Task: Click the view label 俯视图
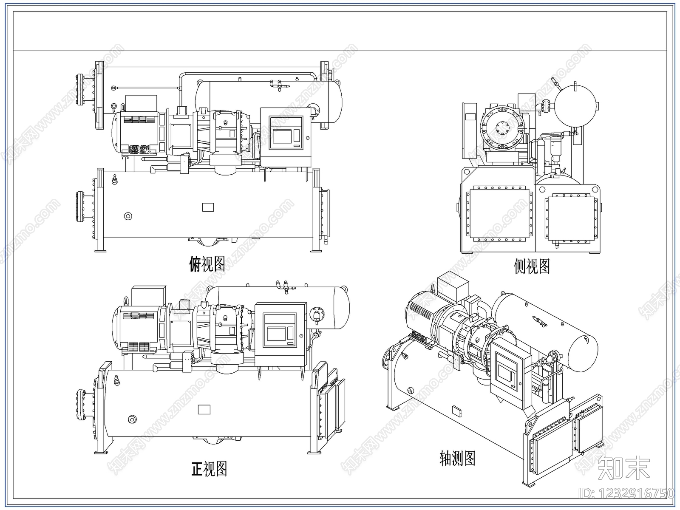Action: click(207, 264)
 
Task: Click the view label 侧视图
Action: click(532, 266)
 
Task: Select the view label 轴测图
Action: click(457, 458)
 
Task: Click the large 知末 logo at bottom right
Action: click(623, 467)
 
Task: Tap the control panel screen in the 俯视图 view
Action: click(282, 136)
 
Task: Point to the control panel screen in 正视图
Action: click(276, 334)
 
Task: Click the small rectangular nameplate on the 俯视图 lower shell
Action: click(208, 207)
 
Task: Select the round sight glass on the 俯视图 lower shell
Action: click(128, 216)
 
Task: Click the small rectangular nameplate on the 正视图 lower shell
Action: click(204, 409)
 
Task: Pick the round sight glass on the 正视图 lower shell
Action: click(132, 419)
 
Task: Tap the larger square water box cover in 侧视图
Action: click(499, 213)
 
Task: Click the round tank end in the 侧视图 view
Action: click(575, 106)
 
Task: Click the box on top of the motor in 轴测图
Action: click(453, 287)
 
